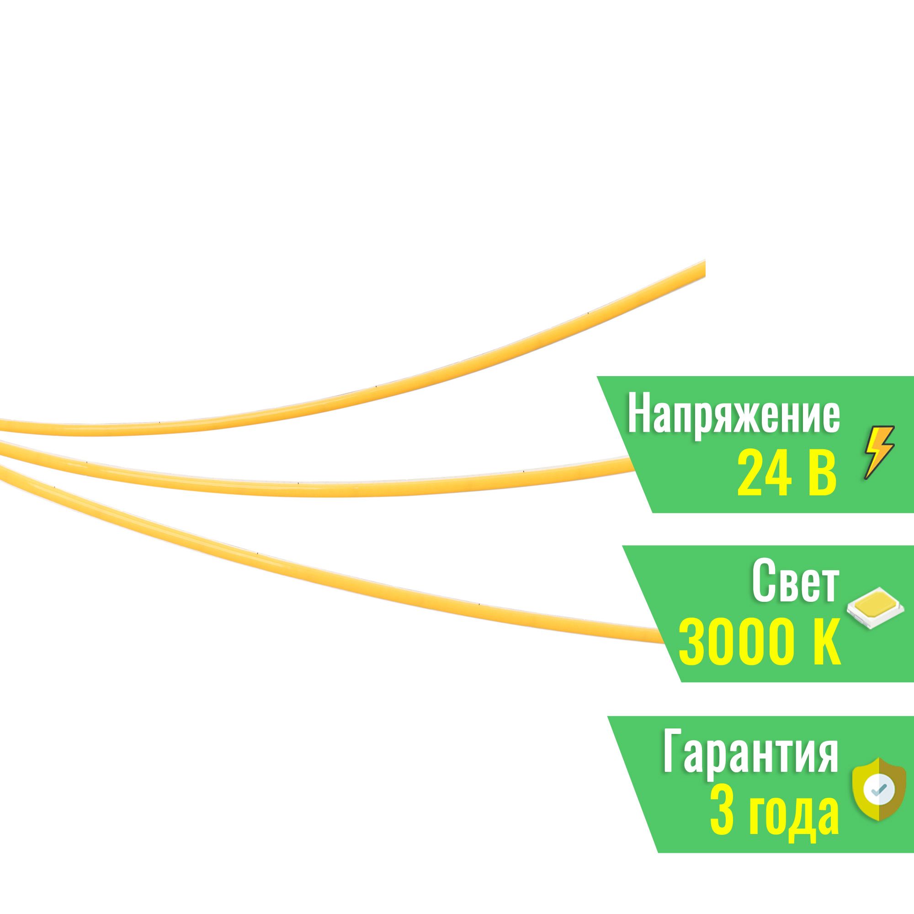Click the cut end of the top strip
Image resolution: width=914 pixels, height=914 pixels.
704,268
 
